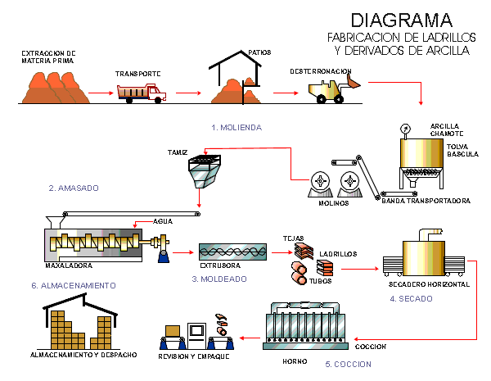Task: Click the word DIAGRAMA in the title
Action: (402, 20)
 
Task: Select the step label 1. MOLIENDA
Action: (237, 127)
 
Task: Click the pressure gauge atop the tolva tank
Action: (405, 129)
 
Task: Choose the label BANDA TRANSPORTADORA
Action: (426, 200)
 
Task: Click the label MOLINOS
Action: (334, 202)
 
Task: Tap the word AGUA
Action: (164, 221)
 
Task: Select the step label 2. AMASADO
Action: (74, 188)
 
